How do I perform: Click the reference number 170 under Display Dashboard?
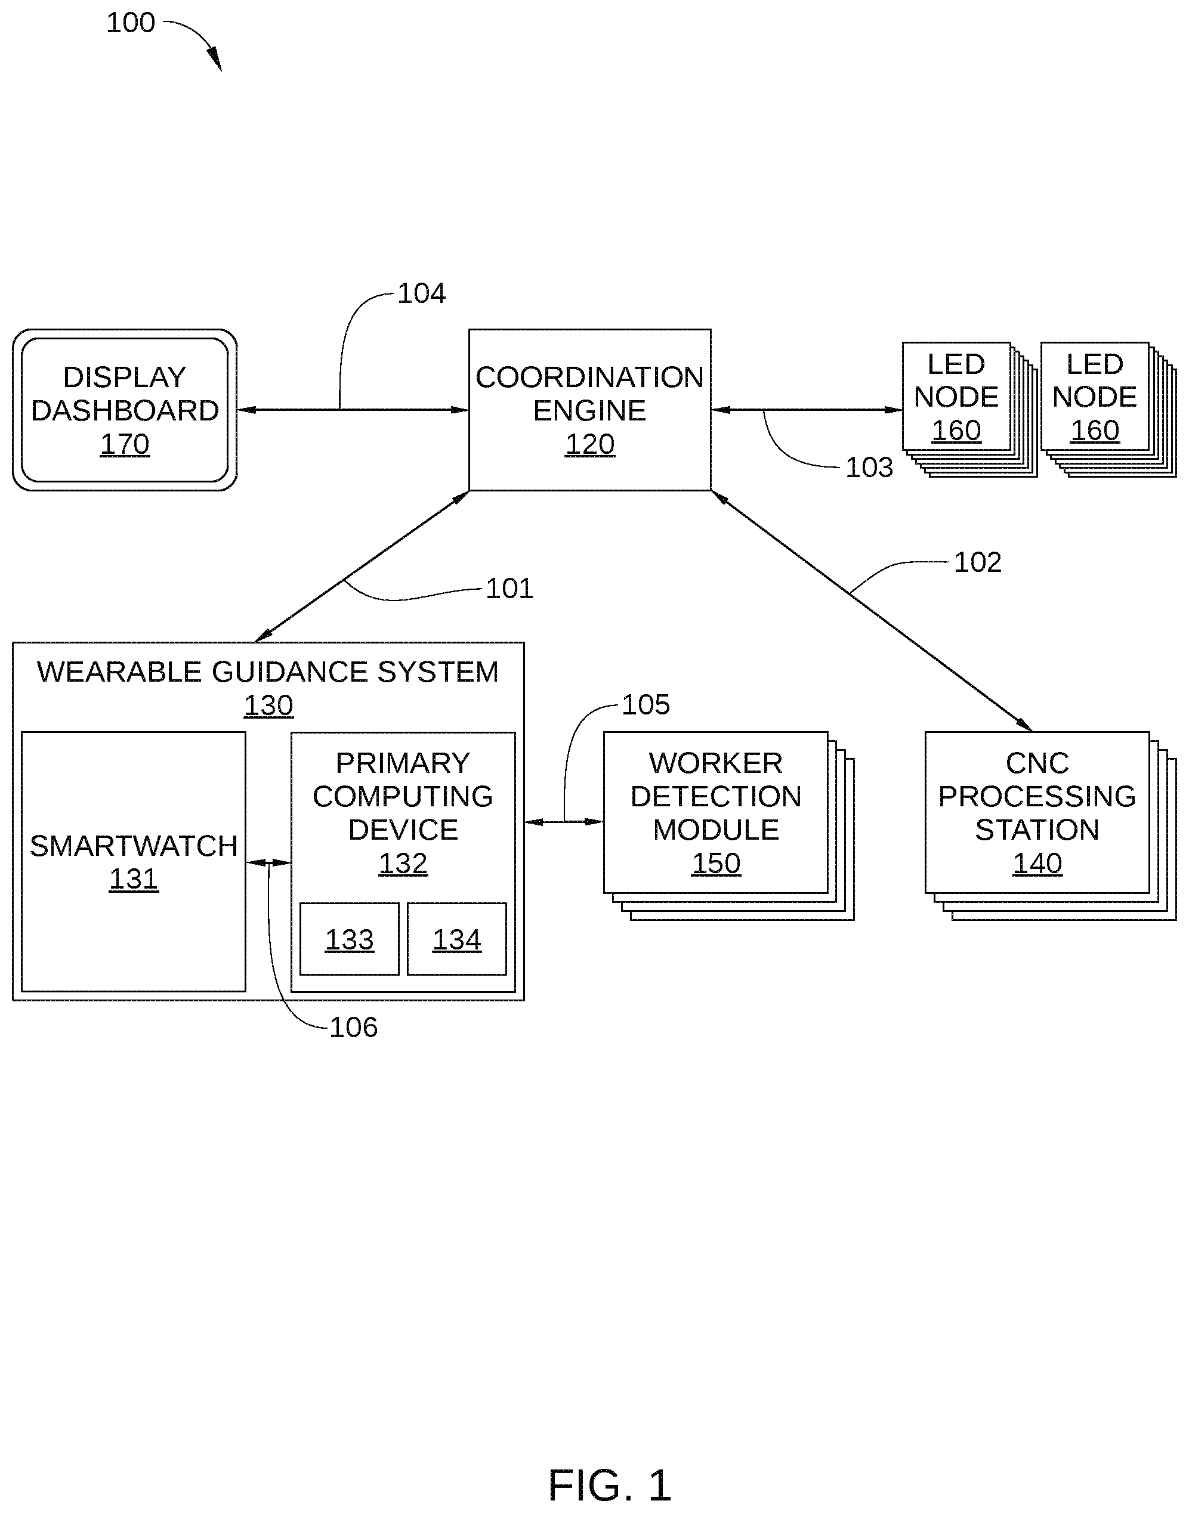tap(125, 444)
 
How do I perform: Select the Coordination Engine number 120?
tap(589, 444)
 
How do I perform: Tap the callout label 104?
tap(421, 293)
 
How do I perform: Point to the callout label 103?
tap(869, 467)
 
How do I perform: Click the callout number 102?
tap(977, 562)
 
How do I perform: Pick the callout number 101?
tap(509, 588)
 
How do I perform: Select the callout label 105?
tap(646, 704)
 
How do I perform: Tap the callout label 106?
tap(353, 1027)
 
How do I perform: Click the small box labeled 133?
tap(350, 939)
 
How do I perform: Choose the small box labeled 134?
tap(456, 939)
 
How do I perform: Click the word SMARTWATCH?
tap(134, 846)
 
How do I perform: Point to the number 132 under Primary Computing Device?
tap(403, 863)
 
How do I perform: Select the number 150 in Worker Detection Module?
tap(716, 863)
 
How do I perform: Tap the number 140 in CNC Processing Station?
tap(1037, 863)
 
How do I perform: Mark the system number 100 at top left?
tap(130, 23)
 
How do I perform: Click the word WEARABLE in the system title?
tap(121, 672)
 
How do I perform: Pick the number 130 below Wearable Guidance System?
tap(268, 705)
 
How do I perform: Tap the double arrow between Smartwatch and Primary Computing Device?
tap(268, 863)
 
